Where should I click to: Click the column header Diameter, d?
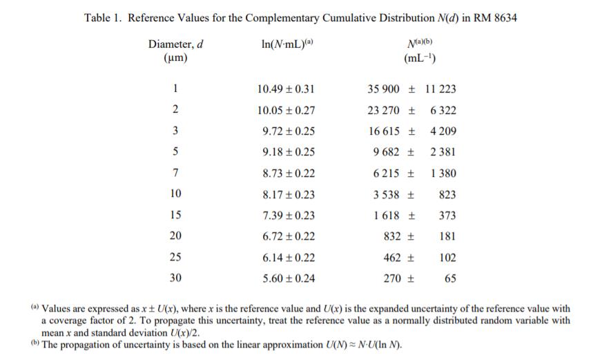click(175, 44)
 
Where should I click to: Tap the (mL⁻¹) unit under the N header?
click(421, 59)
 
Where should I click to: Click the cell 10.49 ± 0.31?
click(285, 89)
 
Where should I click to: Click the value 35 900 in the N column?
click(384, 89)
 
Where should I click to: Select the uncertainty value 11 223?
click(440, 89)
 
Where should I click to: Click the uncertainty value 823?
click(447, 195)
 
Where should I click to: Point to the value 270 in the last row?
click(392, 278)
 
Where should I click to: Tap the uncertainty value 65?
click(450, 278)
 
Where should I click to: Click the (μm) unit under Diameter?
click(175, 59)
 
